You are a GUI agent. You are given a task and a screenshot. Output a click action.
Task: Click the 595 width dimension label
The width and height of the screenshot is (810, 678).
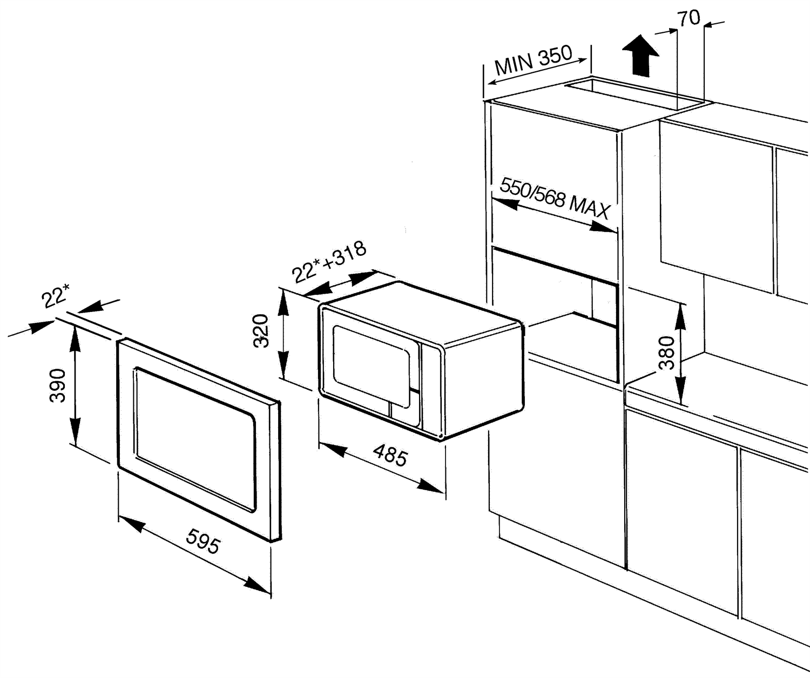coord(203,541)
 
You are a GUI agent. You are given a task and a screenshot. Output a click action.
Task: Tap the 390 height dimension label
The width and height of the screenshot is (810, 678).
coord(57,385)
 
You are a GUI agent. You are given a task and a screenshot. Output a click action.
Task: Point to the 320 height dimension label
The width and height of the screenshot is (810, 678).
coord(261,330)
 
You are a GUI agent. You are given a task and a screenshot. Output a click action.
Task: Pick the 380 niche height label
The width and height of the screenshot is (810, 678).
coord(667,352)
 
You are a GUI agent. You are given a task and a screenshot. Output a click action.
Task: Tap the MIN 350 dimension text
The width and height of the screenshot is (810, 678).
coord(533,59)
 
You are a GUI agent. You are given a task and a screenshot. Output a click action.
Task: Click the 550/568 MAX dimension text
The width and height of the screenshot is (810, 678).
coord(555,198)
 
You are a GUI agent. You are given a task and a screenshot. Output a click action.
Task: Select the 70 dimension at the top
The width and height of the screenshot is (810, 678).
coord(689,18)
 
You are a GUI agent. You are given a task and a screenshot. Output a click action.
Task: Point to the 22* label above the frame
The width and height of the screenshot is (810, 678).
coord(56,296)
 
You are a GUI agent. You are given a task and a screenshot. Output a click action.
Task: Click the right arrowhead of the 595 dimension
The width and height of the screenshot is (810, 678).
coord(258,585)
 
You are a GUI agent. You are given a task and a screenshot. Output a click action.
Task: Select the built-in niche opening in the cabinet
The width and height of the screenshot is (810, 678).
coord(556,302)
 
